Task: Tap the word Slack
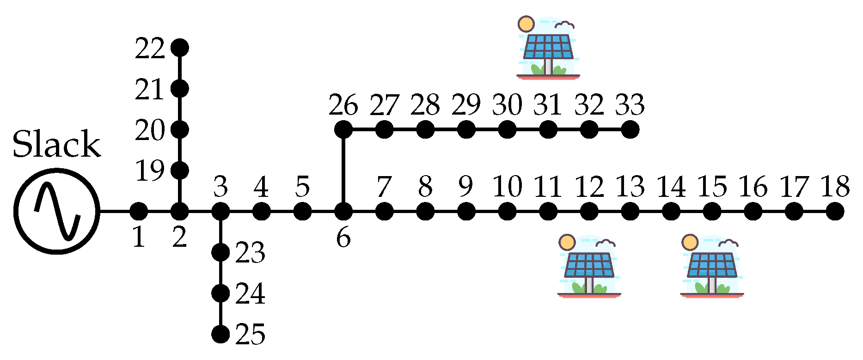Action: tap(56, 144)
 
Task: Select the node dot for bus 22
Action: tap(180, 47)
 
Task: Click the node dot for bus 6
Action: tap(343, 212)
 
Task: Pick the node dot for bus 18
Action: tap(835, 212)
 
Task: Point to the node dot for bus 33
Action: tap(630, 129)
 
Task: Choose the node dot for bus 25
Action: tap(220, 334)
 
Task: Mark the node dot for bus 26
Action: tap(343, 129)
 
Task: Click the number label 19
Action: tap(150, 171)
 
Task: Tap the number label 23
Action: tap(250, 253)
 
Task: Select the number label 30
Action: tap(507, 105)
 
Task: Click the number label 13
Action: tap(630, 187)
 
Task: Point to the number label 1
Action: tap(139, 238)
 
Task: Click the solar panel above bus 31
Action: tap(548, 49)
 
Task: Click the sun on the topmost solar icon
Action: tap(526, 24)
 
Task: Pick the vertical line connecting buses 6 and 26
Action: tap(343, 171)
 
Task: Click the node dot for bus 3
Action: tap(220, 212)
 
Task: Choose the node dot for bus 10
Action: tap(507, 212)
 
